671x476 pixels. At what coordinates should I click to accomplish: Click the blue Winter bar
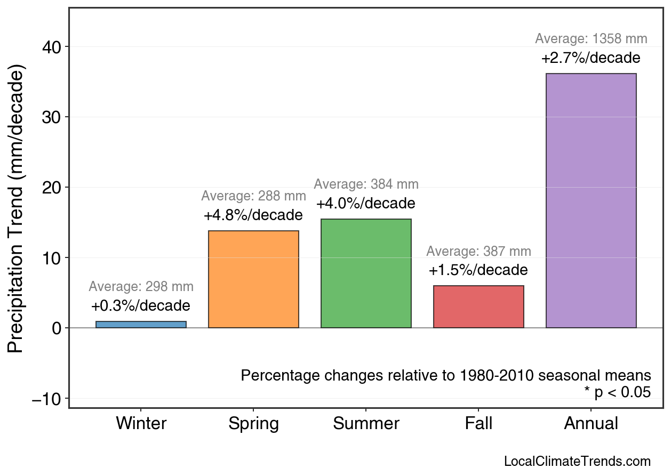click(141, 324)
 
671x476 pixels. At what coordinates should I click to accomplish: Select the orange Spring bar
click(253, 279)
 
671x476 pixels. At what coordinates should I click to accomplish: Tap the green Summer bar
click(366, 273)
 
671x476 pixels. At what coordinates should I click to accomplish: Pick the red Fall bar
click(478, 306)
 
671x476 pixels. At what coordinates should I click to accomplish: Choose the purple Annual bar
click(591, 200)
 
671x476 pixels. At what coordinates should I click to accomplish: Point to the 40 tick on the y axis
click(52, 47)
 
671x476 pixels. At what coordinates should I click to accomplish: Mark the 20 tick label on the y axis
click(52, 188)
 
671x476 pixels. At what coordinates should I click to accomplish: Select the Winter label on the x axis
click(141, 424)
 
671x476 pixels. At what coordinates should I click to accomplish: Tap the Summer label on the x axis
click(366, 424)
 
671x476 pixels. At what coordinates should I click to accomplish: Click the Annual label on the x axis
click(591, 424)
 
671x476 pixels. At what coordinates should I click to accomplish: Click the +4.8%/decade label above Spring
click(253, 216)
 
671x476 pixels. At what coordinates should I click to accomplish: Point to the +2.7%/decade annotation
click(591, 58)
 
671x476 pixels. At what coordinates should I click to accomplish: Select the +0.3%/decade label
click(141, 306)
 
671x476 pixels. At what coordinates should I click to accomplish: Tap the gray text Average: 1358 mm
click(591, 39)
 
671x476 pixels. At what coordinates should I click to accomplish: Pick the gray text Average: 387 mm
click(478, 252)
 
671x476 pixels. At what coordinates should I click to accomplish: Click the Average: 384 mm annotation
click(366, 184)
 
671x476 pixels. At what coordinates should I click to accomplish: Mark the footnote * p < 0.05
click(617, 392)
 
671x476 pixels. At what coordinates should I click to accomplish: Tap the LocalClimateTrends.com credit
click(577, 462)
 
